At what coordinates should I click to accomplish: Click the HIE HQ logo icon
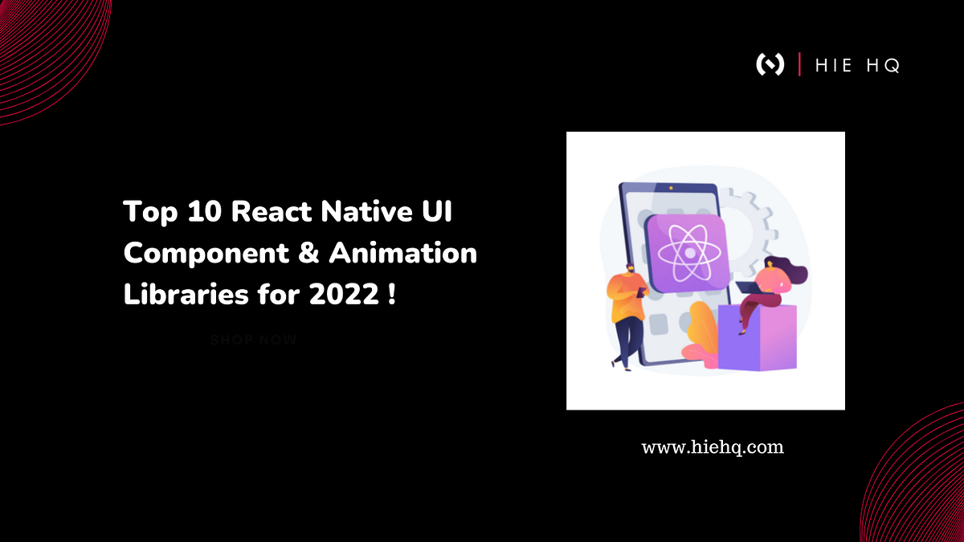(x=770, y=64)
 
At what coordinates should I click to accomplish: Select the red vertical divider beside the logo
(x=799, y=64)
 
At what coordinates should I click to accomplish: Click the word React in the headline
(x=276, y=213)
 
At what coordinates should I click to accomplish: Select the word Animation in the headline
(x=402, y=254)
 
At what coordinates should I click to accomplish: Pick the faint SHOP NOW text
(x=253, y=340)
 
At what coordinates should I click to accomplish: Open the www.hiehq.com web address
(x=712, y=447)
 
